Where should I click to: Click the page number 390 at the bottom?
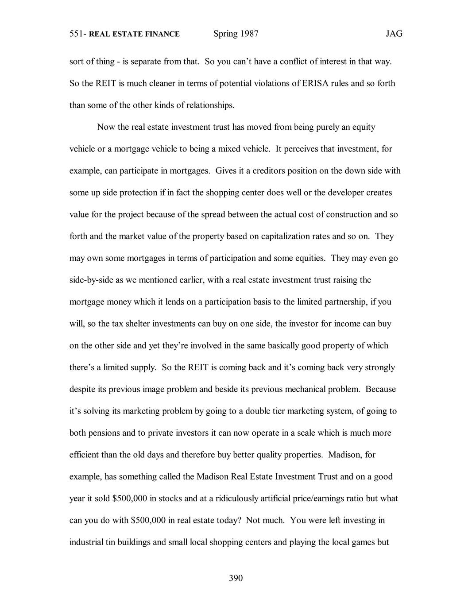[x=236, y=578]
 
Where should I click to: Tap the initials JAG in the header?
[x=394, y=34]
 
